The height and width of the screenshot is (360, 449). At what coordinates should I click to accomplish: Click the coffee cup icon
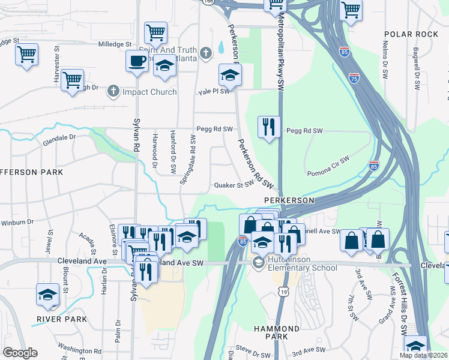pyautogui.click(x=137, y=61)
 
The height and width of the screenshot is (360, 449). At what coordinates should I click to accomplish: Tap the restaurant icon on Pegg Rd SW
pyautogui.click(x=268, y=127)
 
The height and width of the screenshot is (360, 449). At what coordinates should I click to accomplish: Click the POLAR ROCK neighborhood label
pyautogui.click(x=411, y=34)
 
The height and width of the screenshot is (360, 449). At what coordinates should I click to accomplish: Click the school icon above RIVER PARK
pyautogui.click(x=47, y=294)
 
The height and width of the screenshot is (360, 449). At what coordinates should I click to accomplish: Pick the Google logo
pyautogui.click(x=20, y=353)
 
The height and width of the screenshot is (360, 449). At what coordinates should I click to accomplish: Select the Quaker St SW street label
pyautogui.click(x=234, y=185)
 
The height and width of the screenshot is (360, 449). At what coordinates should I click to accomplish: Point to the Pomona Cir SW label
pyautogui.click(x=328, y=166)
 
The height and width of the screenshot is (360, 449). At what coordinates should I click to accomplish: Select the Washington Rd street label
pyautogui.click(x=79, y=349)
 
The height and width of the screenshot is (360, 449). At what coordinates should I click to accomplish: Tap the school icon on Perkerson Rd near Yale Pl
pyautogui.click(x=229, y=75)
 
